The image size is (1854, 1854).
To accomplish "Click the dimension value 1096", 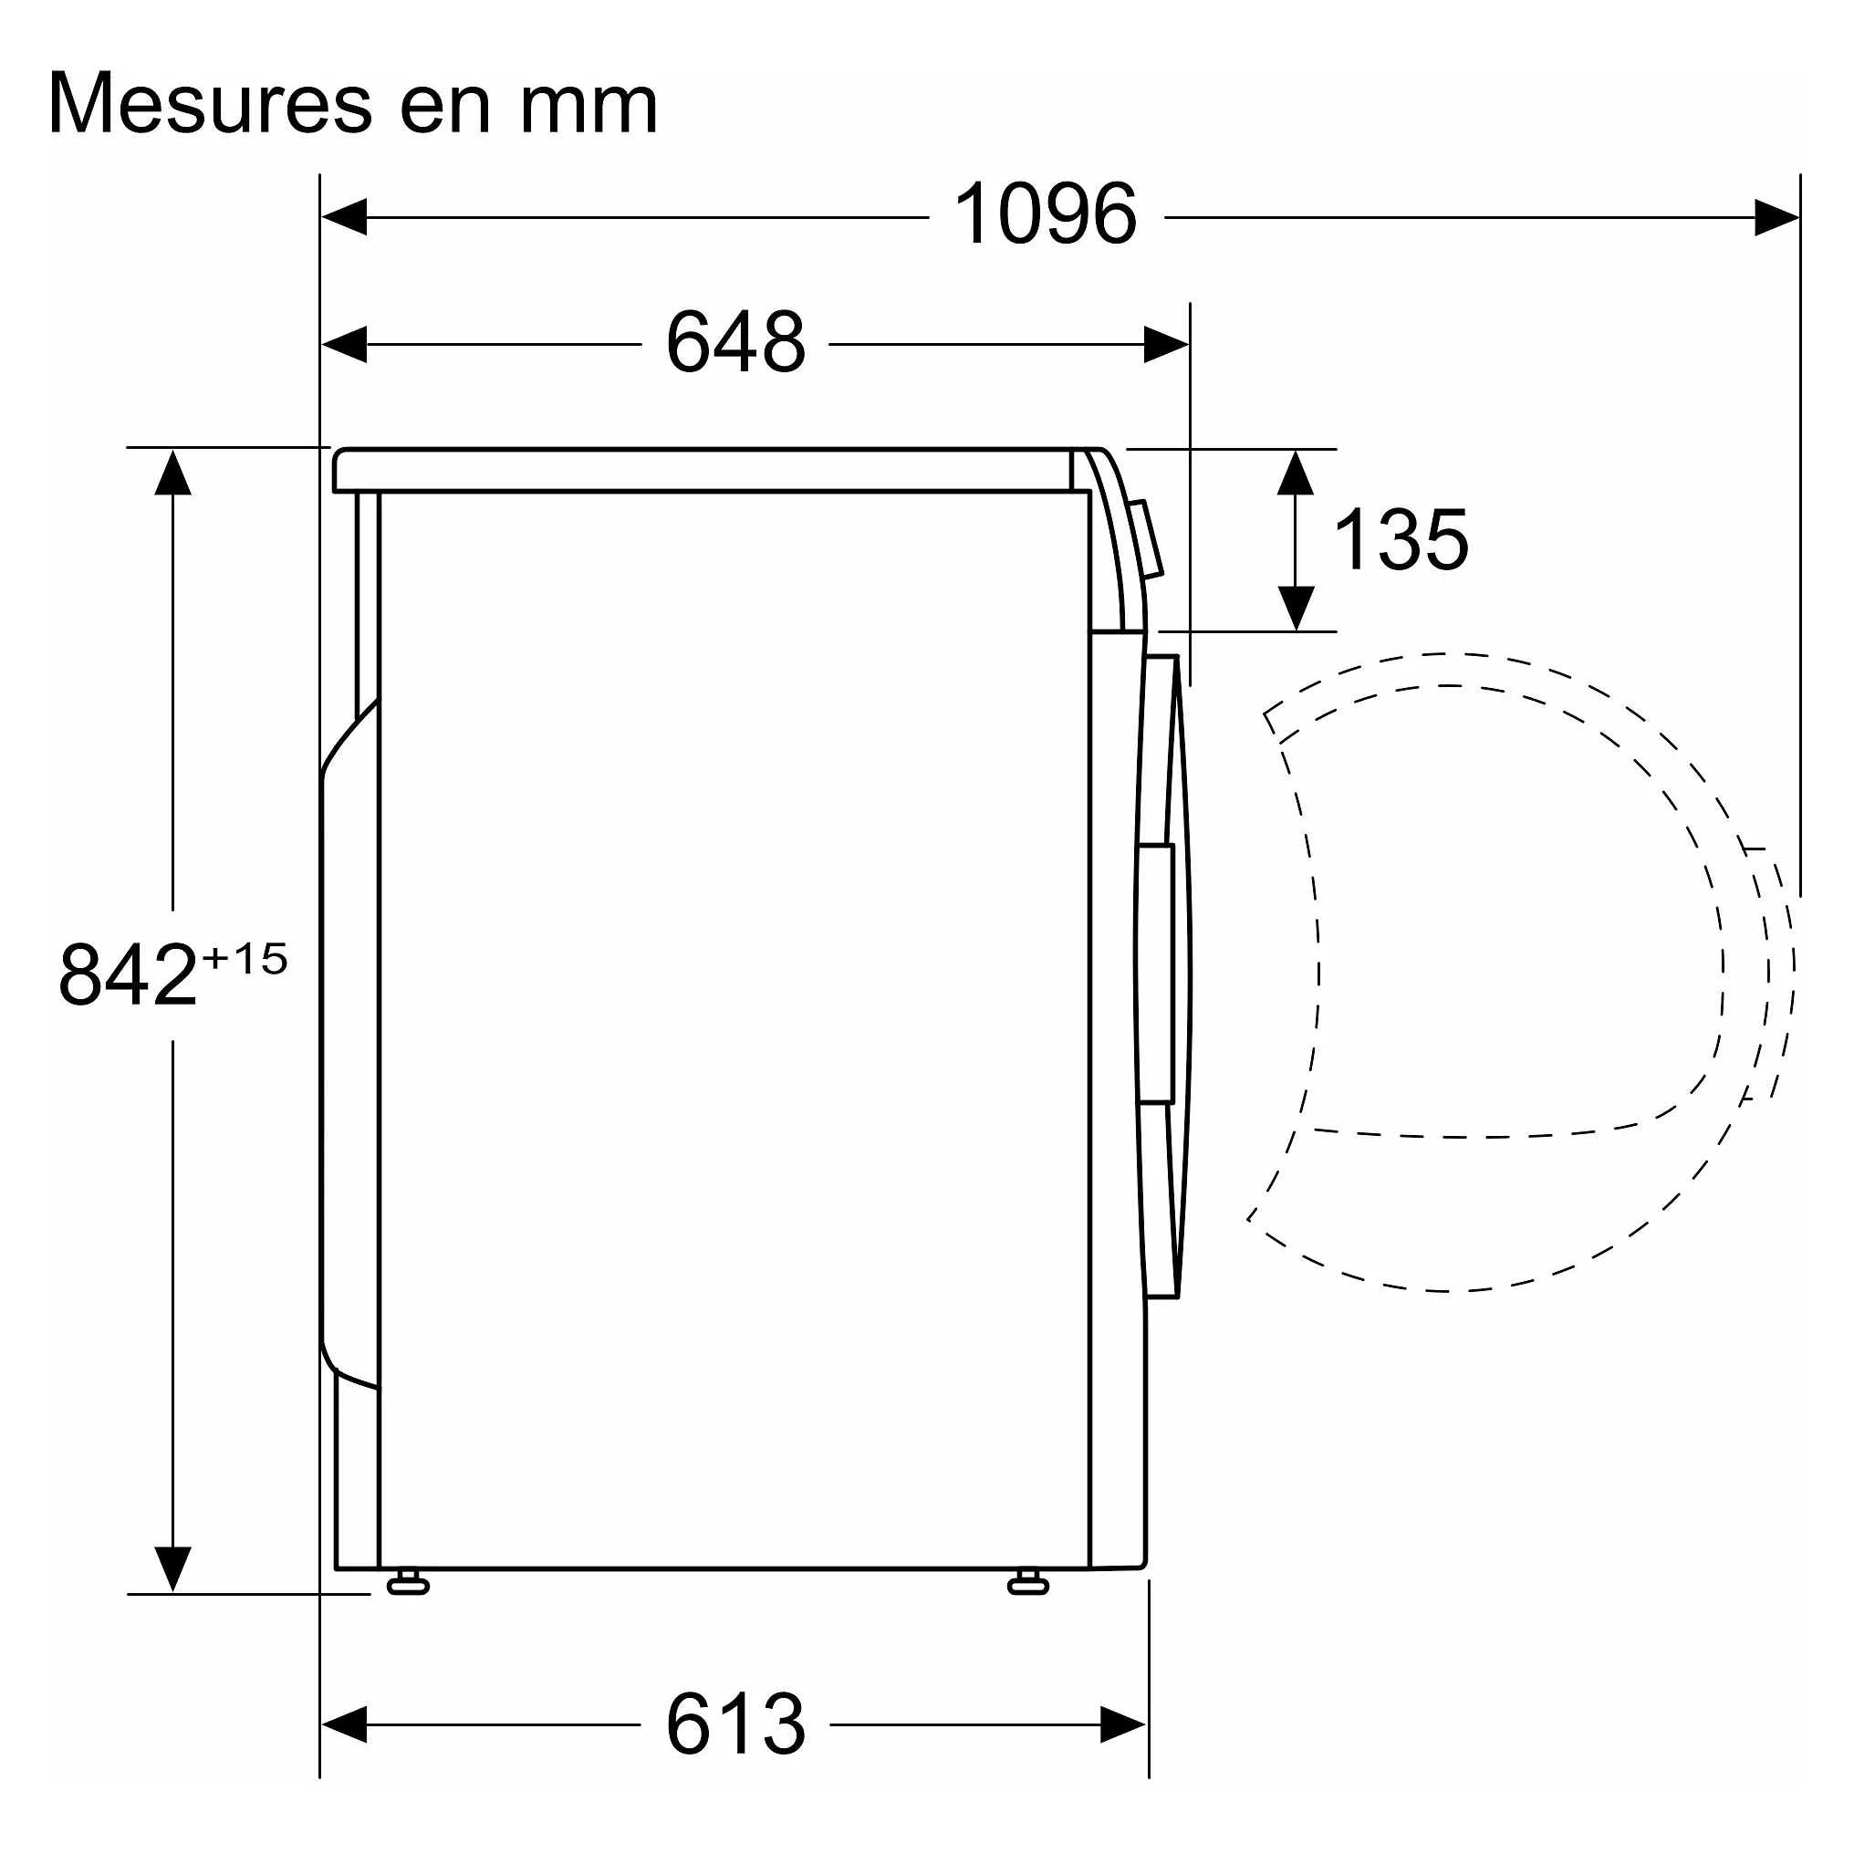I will pyautogui.click(x=1045, y=216).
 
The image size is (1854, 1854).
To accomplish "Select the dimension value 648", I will pyautogui.click(x=735, y=342).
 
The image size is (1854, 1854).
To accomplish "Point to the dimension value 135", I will pyautogui.click(x=1401, y=540).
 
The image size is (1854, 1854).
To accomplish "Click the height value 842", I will pyautogui.click(x=128, y=976).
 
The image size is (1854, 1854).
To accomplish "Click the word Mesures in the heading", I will pyautogui.click(x=210, y=104).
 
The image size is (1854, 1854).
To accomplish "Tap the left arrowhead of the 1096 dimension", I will pyautogui.click(x=345, y=217).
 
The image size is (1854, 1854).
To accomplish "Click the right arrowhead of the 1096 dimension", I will pyautogui.click(x=1776, y=217).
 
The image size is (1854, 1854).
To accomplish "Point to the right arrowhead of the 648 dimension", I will pyautogui.click(x=1165, y=344).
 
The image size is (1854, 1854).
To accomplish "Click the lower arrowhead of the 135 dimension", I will pyautogui.click(x=1296, y=608).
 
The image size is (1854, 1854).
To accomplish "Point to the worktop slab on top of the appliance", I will pyautogui.click(x=705, y=470).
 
